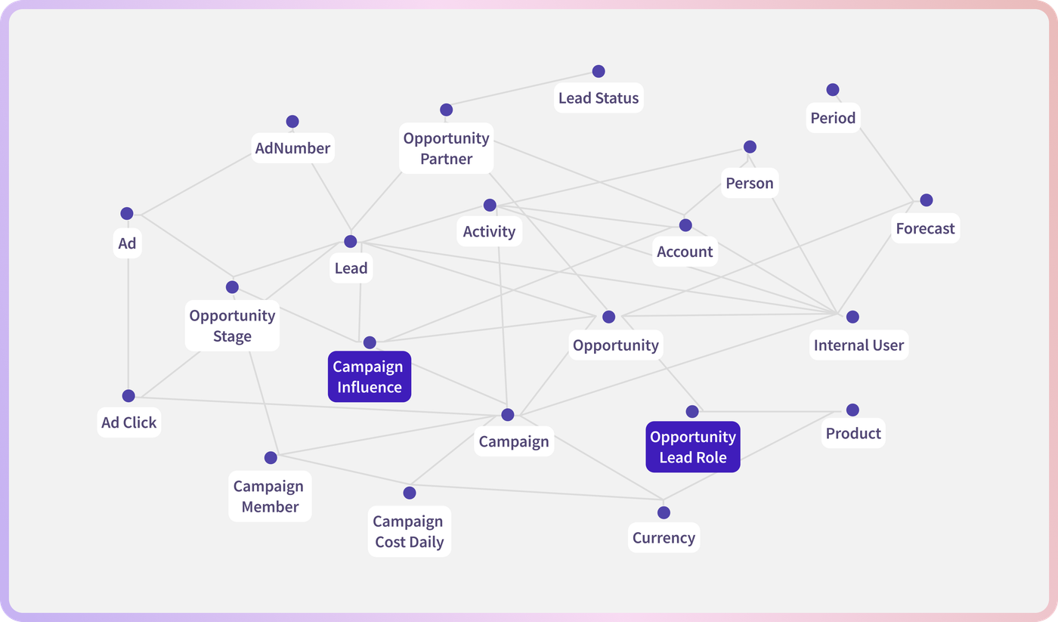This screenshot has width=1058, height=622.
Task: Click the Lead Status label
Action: click(x=599, y=97)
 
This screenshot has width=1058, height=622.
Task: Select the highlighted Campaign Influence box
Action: click(x=370, y=376)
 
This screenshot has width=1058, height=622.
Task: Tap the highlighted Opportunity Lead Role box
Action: click(x=693, y=447)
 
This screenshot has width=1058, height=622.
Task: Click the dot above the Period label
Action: click(x=833, y=90)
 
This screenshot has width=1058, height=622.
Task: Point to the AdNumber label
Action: click(x=293, y=148)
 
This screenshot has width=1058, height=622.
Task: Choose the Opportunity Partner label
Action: click(x=447, y=148)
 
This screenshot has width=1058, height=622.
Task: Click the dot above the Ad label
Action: click(x=127, y=213)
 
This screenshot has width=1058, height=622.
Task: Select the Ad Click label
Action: click(x=129, y=422)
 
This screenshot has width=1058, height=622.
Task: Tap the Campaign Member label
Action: click(x=270, y=497)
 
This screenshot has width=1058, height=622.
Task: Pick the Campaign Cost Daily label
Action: click(x=410, y=531)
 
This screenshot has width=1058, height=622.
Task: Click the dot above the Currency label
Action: click(x=664, y=512)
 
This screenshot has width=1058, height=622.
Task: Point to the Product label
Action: click(x=853, y=433)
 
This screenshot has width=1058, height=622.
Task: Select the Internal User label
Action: click(x=858, y=345)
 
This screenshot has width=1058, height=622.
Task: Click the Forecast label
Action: click(x=925, y=228)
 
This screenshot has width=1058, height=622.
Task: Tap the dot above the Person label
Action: click(x=750, y=147)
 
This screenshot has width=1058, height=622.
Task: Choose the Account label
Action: click(x=685, y=252)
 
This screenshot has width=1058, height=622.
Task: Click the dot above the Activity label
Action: click(x=490, y=205)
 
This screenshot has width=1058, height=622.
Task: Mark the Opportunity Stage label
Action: click(x=233, y=326)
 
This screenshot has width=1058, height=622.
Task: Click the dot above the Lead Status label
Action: click(x=599, y=71)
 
